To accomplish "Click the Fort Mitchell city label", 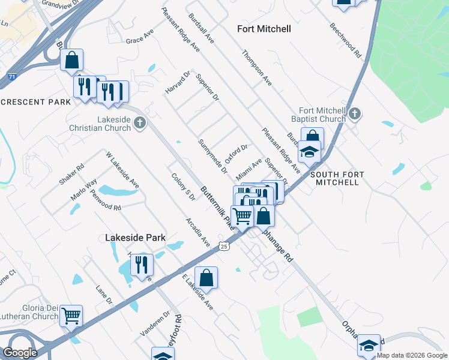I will click(264, 29).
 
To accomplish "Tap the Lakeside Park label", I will click(135, 238).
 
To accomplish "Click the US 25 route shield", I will click(224, 246).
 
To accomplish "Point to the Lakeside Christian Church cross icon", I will click(139, 123).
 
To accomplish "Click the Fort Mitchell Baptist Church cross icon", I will click(355, 113).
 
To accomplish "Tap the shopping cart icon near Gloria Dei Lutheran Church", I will click(71, 315).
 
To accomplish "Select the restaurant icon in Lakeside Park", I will click(142, 264).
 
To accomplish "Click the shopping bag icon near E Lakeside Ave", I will click(206, 277).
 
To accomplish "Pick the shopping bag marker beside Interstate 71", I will click(71, 59).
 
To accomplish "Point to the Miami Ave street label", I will click(249, 167).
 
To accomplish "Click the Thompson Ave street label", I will click(257, 67).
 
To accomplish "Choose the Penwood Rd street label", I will click(104, 200).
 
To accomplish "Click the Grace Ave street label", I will click(140, 37).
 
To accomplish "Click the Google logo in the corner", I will click(20, 353).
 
